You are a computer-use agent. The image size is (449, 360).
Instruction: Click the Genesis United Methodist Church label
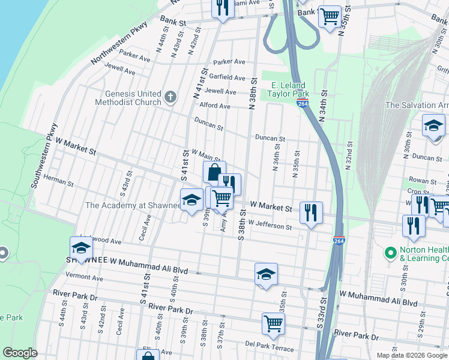(x=133, y=98)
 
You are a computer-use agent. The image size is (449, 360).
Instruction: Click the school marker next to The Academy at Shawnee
(x=191, y=200)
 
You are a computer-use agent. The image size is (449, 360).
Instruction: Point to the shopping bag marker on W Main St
(x=214, y=173)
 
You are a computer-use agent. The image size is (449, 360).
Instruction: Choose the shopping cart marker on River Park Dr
(x=273, y=323)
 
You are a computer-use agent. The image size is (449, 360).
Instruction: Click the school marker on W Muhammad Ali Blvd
(x=266, y=275)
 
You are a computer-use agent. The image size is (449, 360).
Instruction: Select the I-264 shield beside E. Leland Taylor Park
(x=303, y=104)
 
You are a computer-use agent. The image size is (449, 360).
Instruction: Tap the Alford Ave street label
(x=215, y=106)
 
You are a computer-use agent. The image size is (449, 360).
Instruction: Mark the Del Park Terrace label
(x=269, y=344)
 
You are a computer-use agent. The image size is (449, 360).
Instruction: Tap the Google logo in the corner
(x=20, y=353)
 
